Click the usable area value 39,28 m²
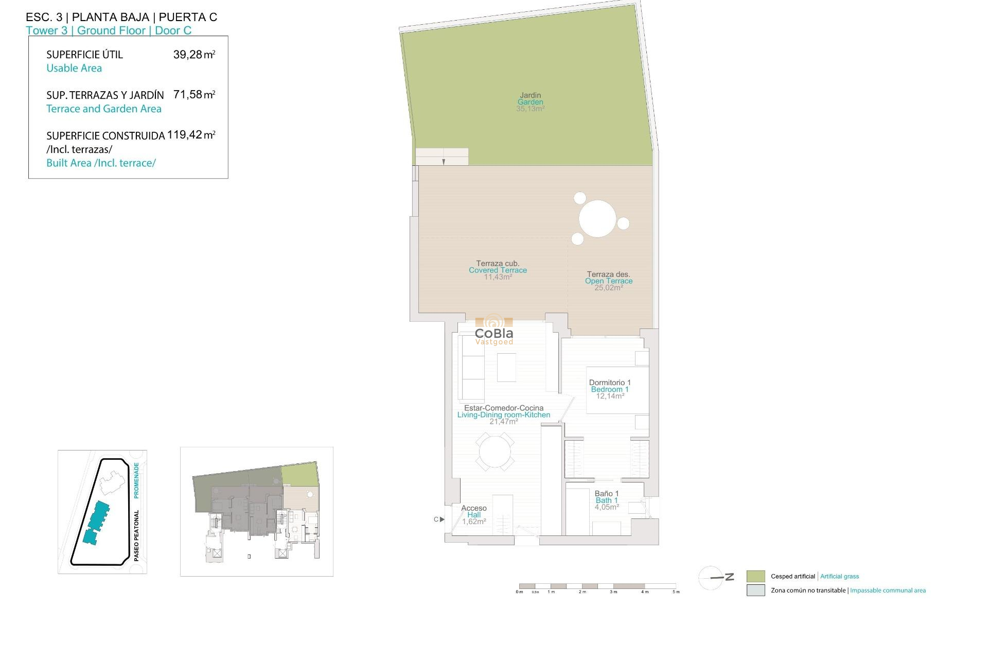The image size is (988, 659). [194, 55]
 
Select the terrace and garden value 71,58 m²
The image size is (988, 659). [194, 95]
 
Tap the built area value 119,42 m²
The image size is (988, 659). [191, 135]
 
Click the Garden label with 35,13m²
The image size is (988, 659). [531, 102]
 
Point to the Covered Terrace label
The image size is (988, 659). [498, 270]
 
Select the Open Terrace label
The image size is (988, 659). [609, 281]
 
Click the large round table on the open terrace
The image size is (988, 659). [597, 219]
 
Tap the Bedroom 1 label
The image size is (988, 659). [610, 389]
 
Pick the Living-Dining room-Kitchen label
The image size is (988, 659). [504, 415]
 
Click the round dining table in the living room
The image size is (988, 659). [495, 452]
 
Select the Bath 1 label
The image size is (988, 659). [607, 500]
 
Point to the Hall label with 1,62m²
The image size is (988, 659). [474, 515]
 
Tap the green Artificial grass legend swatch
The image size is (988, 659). [755, 576]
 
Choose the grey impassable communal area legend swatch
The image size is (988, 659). [755, 591]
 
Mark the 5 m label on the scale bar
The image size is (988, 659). [676, 592]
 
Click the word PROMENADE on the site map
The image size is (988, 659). [136, 480]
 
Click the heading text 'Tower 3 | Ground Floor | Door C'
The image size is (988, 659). [109, 31]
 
